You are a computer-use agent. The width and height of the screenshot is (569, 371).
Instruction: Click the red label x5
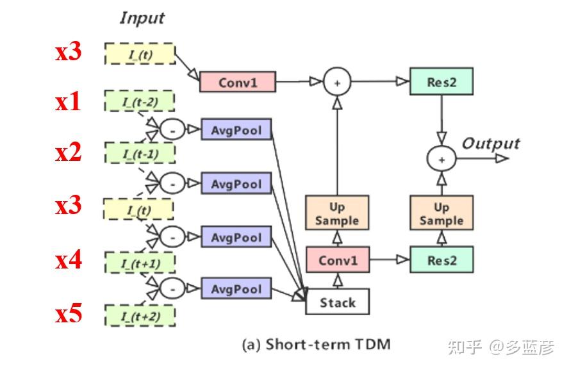point(69,314)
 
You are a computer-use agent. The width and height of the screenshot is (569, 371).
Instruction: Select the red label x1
point(69,101)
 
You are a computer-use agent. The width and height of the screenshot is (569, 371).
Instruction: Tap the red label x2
point(69,153)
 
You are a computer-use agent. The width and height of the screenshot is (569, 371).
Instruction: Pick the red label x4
point(69,260)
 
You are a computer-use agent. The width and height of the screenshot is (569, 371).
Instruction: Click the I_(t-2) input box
point(140,101)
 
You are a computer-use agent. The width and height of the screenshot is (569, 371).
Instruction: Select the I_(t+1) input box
point(140,262)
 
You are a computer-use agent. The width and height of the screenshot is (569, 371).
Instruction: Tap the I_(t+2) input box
point(140,316)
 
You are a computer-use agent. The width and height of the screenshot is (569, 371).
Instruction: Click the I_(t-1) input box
point(140,154)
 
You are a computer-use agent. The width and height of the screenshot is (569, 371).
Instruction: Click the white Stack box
point(337,302)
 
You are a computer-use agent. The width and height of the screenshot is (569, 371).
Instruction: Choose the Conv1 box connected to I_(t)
point(237,82)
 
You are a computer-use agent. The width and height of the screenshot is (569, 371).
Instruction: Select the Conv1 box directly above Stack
point(337,260)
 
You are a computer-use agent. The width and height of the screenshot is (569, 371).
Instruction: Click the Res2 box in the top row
point(441,81)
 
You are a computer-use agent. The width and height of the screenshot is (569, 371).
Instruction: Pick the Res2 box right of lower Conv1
point(441,260)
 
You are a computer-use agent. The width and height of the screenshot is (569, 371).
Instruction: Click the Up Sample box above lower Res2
point(441,213)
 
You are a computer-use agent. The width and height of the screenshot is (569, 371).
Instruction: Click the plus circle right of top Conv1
point(337,82)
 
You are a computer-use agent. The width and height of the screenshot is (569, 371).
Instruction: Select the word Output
point(491,143)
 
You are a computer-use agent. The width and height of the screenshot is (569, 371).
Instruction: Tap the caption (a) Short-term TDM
point(315,345)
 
